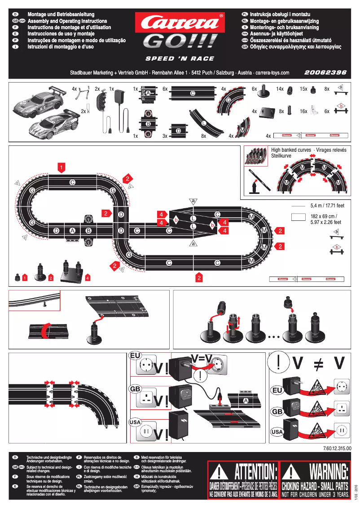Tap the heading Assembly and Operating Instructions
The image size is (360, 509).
(x=67, y=21)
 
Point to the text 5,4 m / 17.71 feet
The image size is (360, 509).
(x=327, y=206)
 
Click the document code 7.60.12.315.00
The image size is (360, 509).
(x=336, y=448)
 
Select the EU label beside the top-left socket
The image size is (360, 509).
(x=136, y=355)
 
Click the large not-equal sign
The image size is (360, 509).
(x=318, y=364)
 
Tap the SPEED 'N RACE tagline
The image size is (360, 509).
(x=180, y=59)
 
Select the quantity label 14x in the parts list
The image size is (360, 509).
(x=280, y=89)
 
